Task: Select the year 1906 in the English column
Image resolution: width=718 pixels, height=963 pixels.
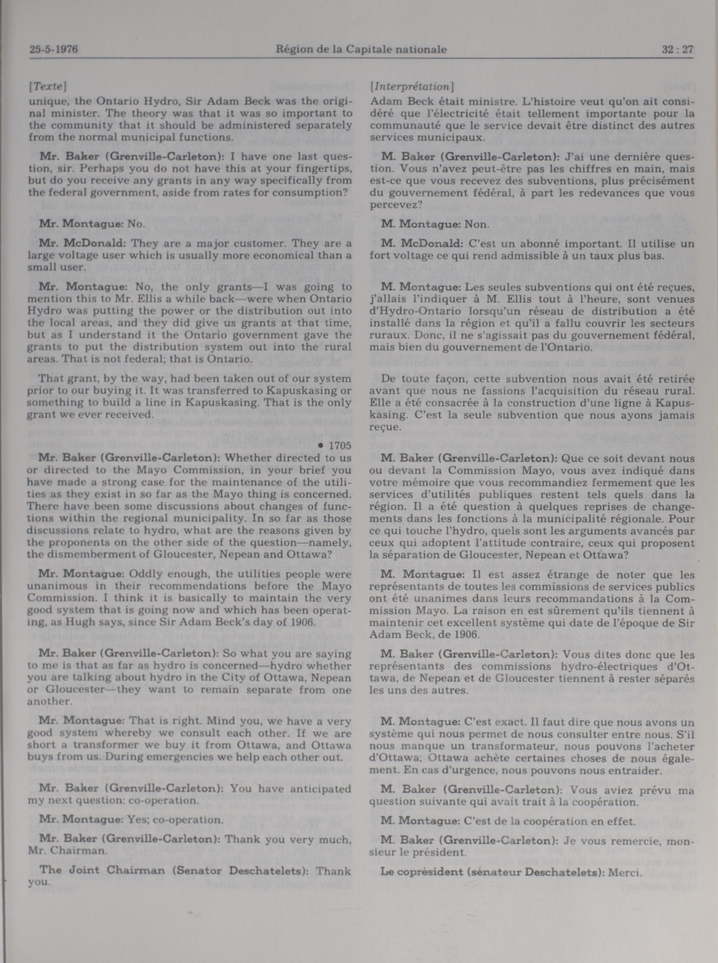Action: pos(301,621)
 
